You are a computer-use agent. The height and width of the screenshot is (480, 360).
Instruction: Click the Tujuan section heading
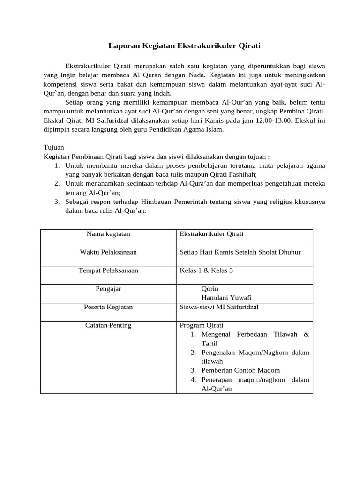(54, 147)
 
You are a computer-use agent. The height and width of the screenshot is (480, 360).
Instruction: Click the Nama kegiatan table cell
(108, 233)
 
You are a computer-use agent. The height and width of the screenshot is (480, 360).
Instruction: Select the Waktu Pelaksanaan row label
(108, 252)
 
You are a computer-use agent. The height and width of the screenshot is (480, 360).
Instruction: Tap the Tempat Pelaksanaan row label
(108, 270)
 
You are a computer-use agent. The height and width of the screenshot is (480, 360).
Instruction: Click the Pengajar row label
(108, 289)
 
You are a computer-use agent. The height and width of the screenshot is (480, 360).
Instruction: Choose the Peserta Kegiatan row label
(108, 307)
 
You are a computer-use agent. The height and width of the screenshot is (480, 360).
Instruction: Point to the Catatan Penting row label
(108, 325)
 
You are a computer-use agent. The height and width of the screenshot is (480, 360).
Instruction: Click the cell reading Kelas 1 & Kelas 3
(206, 270)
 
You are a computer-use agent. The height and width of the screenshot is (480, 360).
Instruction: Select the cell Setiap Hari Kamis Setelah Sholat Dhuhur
(240, 252)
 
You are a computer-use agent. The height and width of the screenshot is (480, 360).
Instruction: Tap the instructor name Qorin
(210, 289)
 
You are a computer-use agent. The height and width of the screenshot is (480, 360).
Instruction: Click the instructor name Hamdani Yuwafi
(226, 298)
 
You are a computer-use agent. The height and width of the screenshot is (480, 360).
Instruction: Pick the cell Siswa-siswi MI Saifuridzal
(219, 307)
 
